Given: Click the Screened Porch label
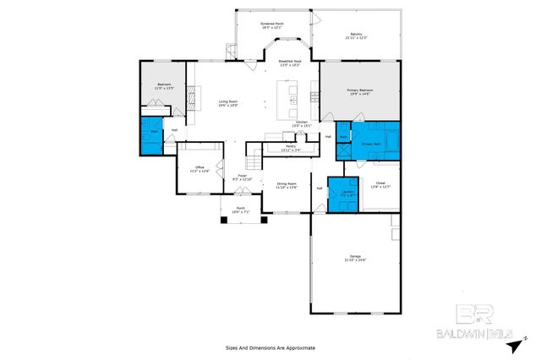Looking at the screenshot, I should click(x=270, y=25).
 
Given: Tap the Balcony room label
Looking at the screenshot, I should click(x=355, y=35).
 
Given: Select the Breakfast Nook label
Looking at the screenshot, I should click(x=290, y=63).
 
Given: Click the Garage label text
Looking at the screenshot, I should click(x=355, y=258).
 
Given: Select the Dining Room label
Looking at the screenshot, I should click(x=287, y=185).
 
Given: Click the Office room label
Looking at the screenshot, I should click(x=200, y=169).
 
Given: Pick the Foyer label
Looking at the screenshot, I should click(x=242, y=177).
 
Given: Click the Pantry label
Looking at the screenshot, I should click(x=290, y=148).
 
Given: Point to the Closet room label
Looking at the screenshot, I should click(x=380, y=185).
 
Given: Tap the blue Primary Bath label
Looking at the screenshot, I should click(x=372, y=145).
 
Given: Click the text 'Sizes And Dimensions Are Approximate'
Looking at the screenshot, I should click(x=270, y=346).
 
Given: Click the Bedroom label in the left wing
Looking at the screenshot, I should click(x=165, y=85).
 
